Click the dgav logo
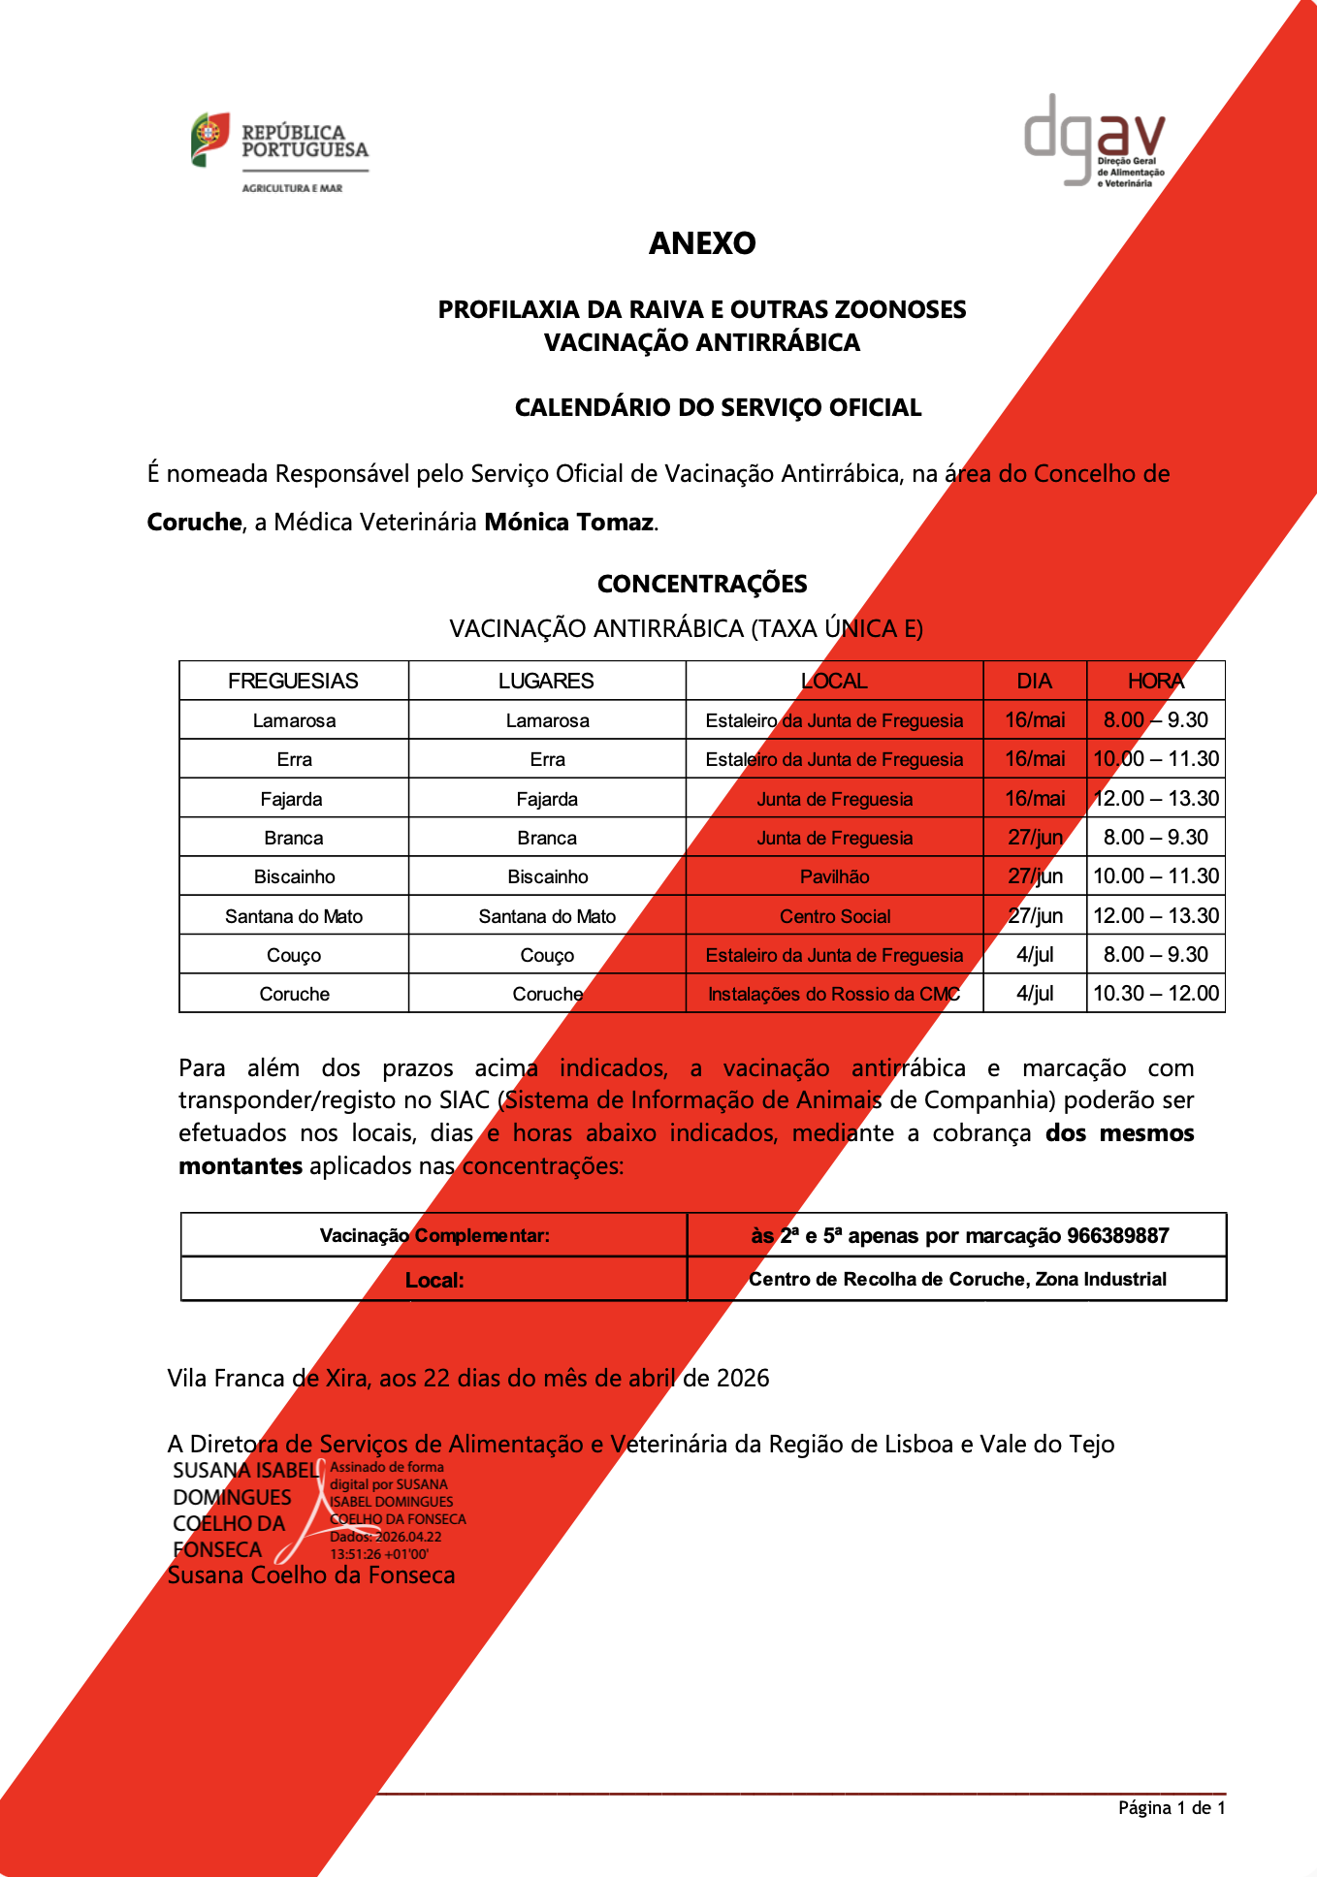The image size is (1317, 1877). pos(1095,141)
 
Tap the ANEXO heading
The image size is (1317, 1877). pos(702,243)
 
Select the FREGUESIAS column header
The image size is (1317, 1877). pos(293,682)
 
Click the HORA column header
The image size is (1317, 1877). pos(1155,682)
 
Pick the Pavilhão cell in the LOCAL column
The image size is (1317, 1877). pos(834,876)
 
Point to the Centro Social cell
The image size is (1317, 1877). pos(834,916)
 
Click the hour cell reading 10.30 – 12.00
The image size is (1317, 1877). pos(1155,994)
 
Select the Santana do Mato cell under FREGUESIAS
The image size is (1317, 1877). pos(293,916)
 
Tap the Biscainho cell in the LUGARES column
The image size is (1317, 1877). pos(547,876)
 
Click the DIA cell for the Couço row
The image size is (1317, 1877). pos(1034,955)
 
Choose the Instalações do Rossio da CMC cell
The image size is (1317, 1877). pos(834,994)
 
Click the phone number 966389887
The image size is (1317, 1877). pos(1117,1236)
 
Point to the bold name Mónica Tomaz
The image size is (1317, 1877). pos(568,523)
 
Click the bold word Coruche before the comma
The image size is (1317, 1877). pos(194,523)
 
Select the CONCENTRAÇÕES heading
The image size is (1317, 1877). pos(702,584)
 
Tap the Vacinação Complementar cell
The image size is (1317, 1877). pos(434,1236)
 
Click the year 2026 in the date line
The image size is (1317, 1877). pos(742,1379)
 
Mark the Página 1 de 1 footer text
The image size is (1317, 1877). pos(1172,1808)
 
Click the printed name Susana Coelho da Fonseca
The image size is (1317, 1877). pos(311,1575)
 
